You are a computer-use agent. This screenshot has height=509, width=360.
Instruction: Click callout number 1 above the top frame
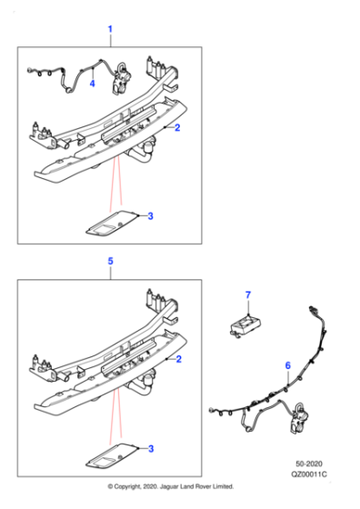pos(110,30)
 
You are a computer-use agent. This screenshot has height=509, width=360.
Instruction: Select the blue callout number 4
pos(92,84)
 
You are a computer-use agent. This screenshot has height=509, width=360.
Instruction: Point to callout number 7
pos(245,295)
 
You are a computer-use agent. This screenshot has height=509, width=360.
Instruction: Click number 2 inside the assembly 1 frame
pos(177,128)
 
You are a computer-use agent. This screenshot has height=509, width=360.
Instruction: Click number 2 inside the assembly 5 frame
pos(177,361)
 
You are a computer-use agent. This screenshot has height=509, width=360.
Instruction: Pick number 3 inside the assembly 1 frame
pos(150,215)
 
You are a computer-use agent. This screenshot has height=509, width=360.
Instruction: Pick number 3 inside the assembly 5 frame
pos(150,447)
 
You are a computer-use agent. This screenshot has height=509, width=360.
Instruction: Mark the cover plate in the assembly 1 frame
pos(115,221)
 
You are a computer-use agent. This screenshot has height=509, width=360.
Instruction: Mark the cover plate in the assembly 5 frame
pos(115,452)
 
